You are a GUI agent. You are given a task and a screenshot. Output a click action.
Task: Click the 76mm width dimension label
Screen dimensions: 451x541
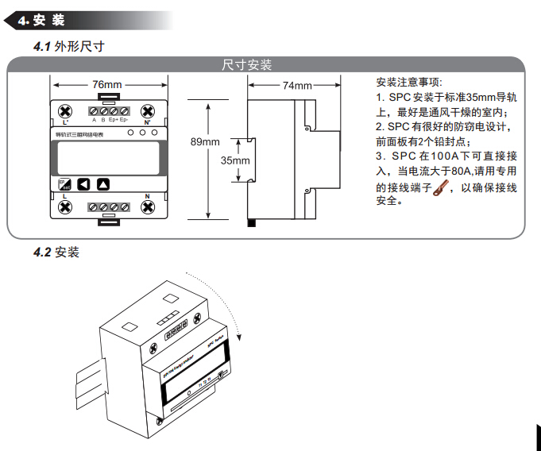coord(107,84)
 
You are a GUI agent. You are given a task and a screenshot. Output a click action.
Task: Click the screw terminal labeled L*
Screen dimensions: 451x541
coord(66,110)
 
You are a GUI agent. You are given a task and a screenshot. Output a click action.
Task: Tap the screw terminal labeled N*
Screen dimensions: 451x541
coord(147,110)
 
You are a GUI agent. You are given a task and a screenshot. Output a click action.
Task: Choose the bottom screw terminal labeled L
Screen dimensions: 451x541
coord(66,207)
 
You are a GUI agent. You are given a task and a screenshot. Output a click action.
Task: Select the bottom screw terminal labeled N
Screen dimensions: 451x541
coord(147,207)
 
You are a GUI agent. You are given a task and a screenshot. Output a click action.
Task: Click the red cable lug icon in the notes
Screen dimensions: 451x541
coord(440,188)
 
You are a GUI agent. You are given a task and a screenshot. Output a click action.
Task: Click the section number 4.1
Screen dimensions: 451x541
coord(42,47)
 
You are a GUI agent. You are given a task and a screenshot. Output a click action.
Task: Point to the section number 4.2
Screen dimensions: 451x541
coord(42,252)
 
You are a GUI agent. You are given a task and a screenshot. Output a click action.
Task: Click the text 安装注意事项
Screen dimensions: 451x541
coord(409,83)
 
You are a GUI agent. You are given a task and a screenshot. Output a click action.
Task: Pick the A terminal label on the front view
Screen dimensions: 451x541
coord(94,120)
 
